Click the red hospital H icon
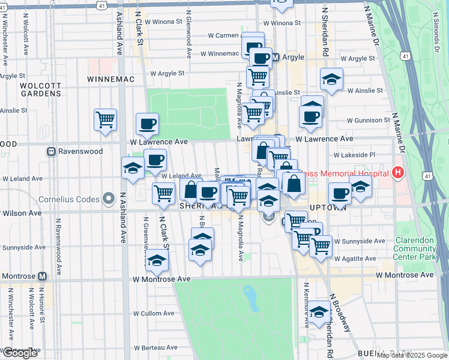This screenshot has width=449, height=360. coord(397,173)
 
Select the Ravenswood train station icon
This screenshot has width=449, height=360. coord(52,152)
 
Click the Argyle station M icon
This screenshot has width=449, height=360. coord(276,58)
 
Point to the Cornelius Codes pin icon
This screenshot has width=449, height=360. coord(109,198)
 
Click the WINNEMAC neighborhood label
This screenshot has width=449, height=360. coord(109,79)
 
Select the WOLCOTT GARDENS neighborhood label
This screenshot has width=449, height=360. coord(40,89)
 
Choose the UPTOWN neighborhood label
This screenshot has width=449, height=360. coord(328,207)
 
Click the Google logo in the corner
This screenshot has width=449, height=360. coord(20,353)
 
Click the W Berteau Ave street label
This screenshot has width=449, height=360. coord(155,347)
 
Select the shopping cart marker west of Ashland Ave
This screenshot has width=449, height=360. coord(105,119)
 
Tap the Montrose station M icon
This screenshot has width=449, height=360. coord(42,277)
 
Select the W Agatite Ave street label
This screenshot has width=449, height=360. coord(355,259)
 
